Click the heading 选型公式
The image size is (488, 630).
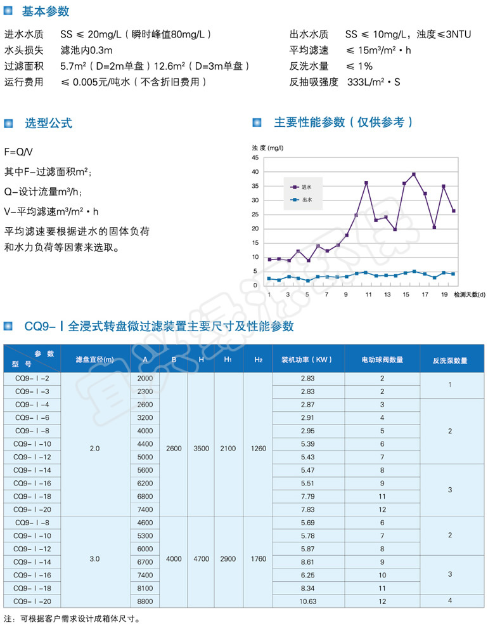click(x=48, y=123)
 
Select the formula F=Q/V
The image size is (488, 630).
click(x=18, y=152)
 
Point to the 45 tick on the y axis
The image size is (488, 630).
click(x=255, y=157)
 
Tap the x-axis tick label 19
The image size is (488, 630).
click(x=444, y=295)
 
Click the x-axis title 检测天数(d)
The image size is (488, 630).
click(x=469, y=295)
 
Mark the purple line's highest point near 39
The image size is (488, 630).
click(x=414, y=174)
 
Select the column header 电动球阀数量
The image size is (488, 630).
click(x=382, y=360)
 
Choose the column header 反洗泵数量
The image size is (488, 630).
click(x=450, y=360)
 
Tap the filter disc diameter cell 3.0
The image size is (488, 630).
click(x=95, y=558)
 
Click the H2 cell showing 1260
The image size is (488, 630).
click(x=258, y=449)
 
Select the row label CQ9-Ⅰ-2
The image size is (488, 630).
click(x=35, y=378)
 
